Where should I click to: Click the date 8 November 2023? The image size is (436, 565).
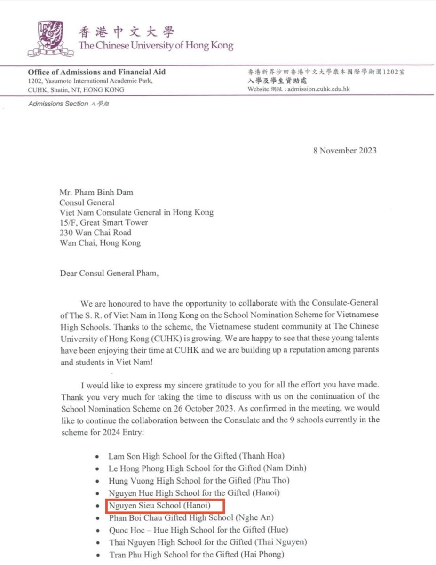point(345,151)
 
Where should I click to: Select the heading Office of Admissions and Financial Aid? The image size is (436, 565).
point(96,72)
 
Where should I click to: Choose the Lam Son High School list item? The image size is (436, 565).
point(197,456)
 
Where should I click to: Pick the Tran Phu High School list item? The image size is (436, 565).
point(197,555)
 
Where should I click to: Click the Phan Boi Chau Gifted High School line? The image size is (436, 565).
point(191,517)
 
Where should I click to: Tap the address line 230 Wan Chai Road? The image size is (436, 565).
point(95,233)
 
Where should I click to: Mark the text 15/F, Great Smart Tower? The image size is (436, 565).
point(104,222)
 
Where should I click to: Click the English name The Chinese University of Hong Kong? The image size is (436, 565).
point(156,46)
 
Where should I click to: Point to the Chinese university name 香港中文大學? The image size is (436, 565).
point(126,32)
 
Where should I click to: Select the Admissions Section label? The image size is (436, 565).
point(69,104)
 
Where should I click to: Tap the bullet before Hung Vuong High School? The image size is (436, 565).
point(97,481)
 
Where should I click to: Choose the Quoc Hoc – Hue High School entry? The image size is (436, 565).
point(198,530)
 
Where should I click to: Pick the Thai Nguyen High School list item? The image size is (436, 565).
point(208,542)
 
